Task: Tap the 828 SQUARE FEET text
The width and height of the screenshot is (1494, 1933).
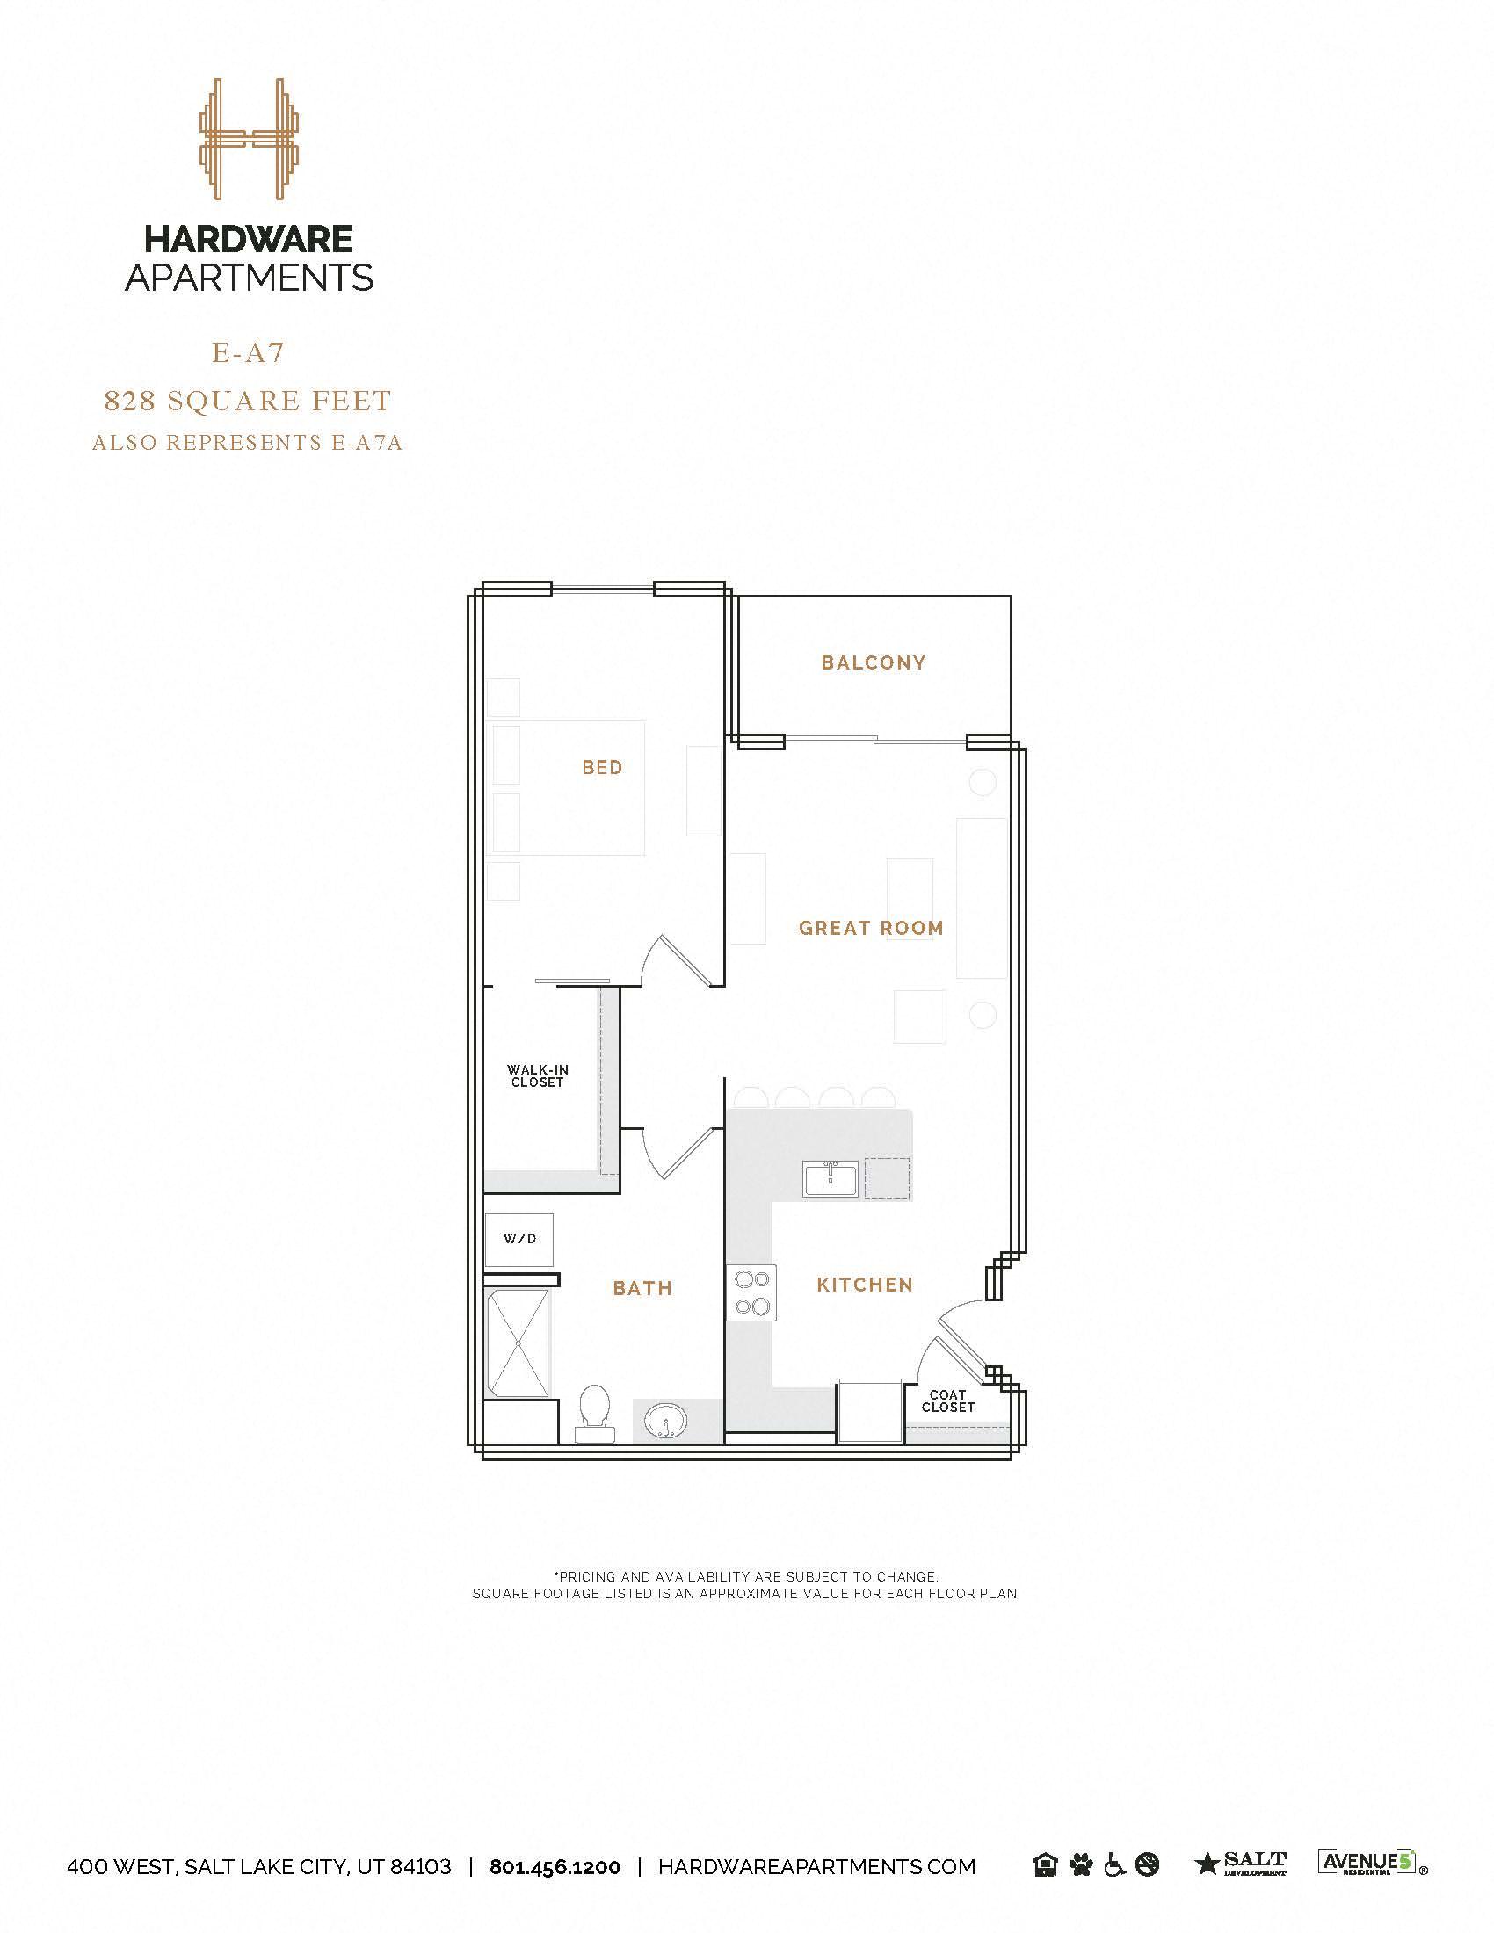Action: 248,401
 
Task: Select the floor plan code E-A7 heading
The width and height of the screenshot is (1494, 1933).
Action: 248,352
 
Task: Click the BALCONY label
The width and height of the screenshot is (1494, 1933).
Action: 873,662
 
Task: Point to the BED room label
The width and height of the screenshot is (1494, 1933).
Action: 602,767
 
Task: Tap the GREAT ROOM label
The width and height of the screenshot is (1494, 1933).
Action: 871,928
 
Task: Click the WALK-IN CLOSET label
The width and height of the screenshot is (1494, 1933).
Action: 537,1076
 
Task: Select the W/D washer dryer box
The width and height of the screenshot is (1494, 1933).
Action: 519,1239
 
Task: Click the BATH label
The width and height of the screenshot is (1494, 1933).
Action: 642,1289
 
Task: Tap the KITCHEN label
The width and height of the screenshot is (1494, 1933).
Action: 864,1285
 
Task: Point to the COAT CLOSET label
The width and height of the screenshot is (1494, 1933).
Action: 947,1401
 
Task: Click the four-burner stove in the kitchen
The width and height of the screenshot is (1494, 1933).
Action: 751,1293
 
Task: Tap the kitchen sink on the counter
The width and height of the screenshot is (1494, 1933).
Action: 830,1180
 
